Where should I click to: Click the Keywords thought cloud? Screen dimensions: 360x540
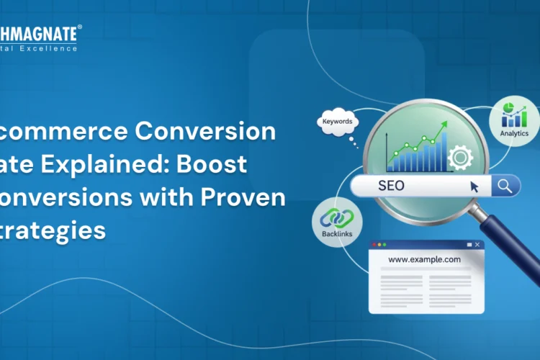338,122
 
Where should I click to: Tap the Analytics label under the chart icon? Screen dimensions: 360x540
514,133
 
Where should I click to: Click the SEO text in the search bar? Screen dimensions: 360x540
391,186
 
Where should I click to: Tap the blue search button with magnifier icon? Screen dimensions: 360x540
505,186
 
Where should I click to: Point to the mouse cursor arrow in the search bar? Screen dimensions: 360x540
474,186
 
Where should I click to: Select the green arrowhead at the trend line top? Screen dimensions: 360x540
444,125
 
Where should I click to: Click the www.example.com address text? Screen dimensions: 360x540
424,261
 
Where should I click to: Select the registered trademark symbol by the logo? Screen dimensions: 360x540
79,27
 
